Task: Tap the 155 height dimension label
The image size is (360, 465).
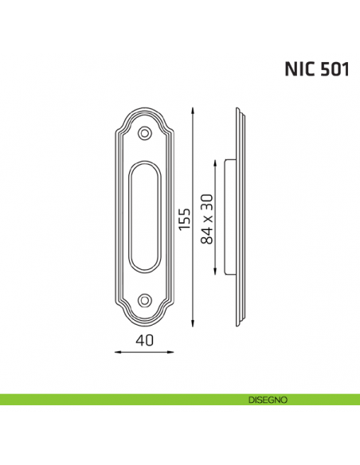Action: [185, 217]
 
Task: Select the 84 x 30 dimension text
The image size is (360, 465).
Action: [208, 217]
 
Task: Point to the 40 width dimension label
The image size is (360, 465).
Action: [143, 341]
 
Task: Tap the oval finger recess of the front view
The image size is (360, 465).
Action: [144, 217]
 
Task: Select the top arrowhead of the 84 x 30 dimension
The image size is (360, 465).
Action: [217, 162]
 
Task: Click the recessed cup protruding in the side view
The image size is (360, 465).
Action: [231, 217]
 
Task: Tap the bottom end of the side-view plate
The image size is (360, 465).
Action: [239, 325]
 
